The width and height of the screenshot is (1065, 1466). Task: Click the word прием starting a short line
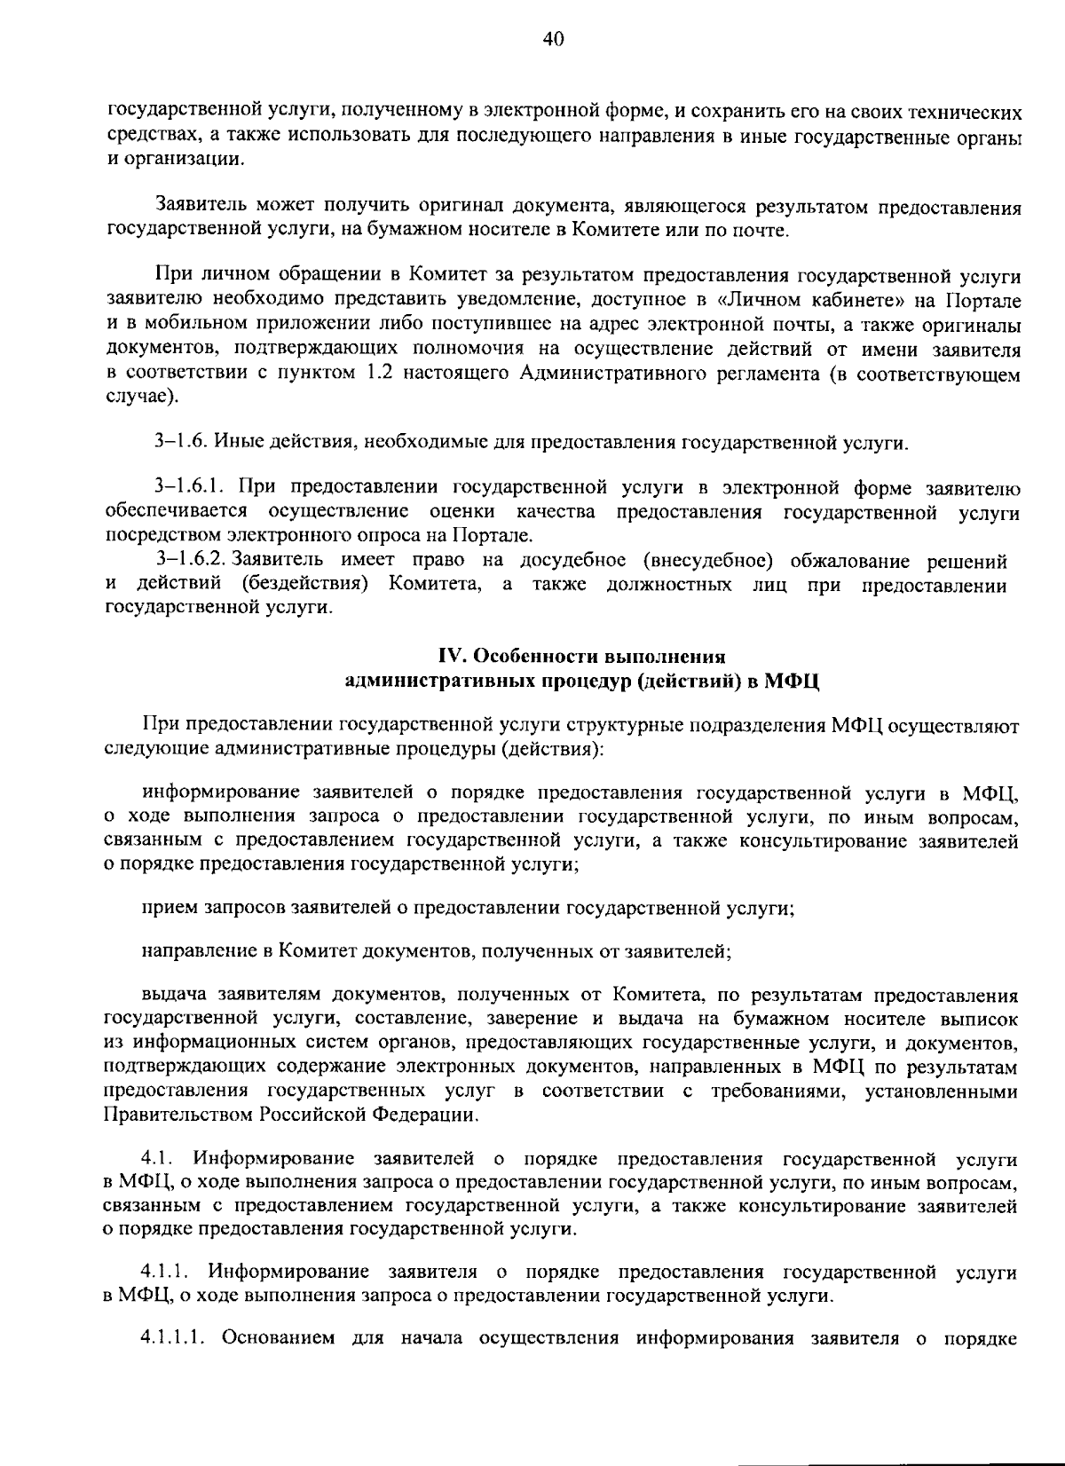click(166, 908)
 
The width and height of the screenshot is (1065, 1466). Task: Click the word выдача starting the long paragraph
click(170, 995)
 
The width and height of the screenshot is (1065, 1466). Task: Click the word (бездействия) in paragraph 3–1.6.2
click(303, 585)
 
